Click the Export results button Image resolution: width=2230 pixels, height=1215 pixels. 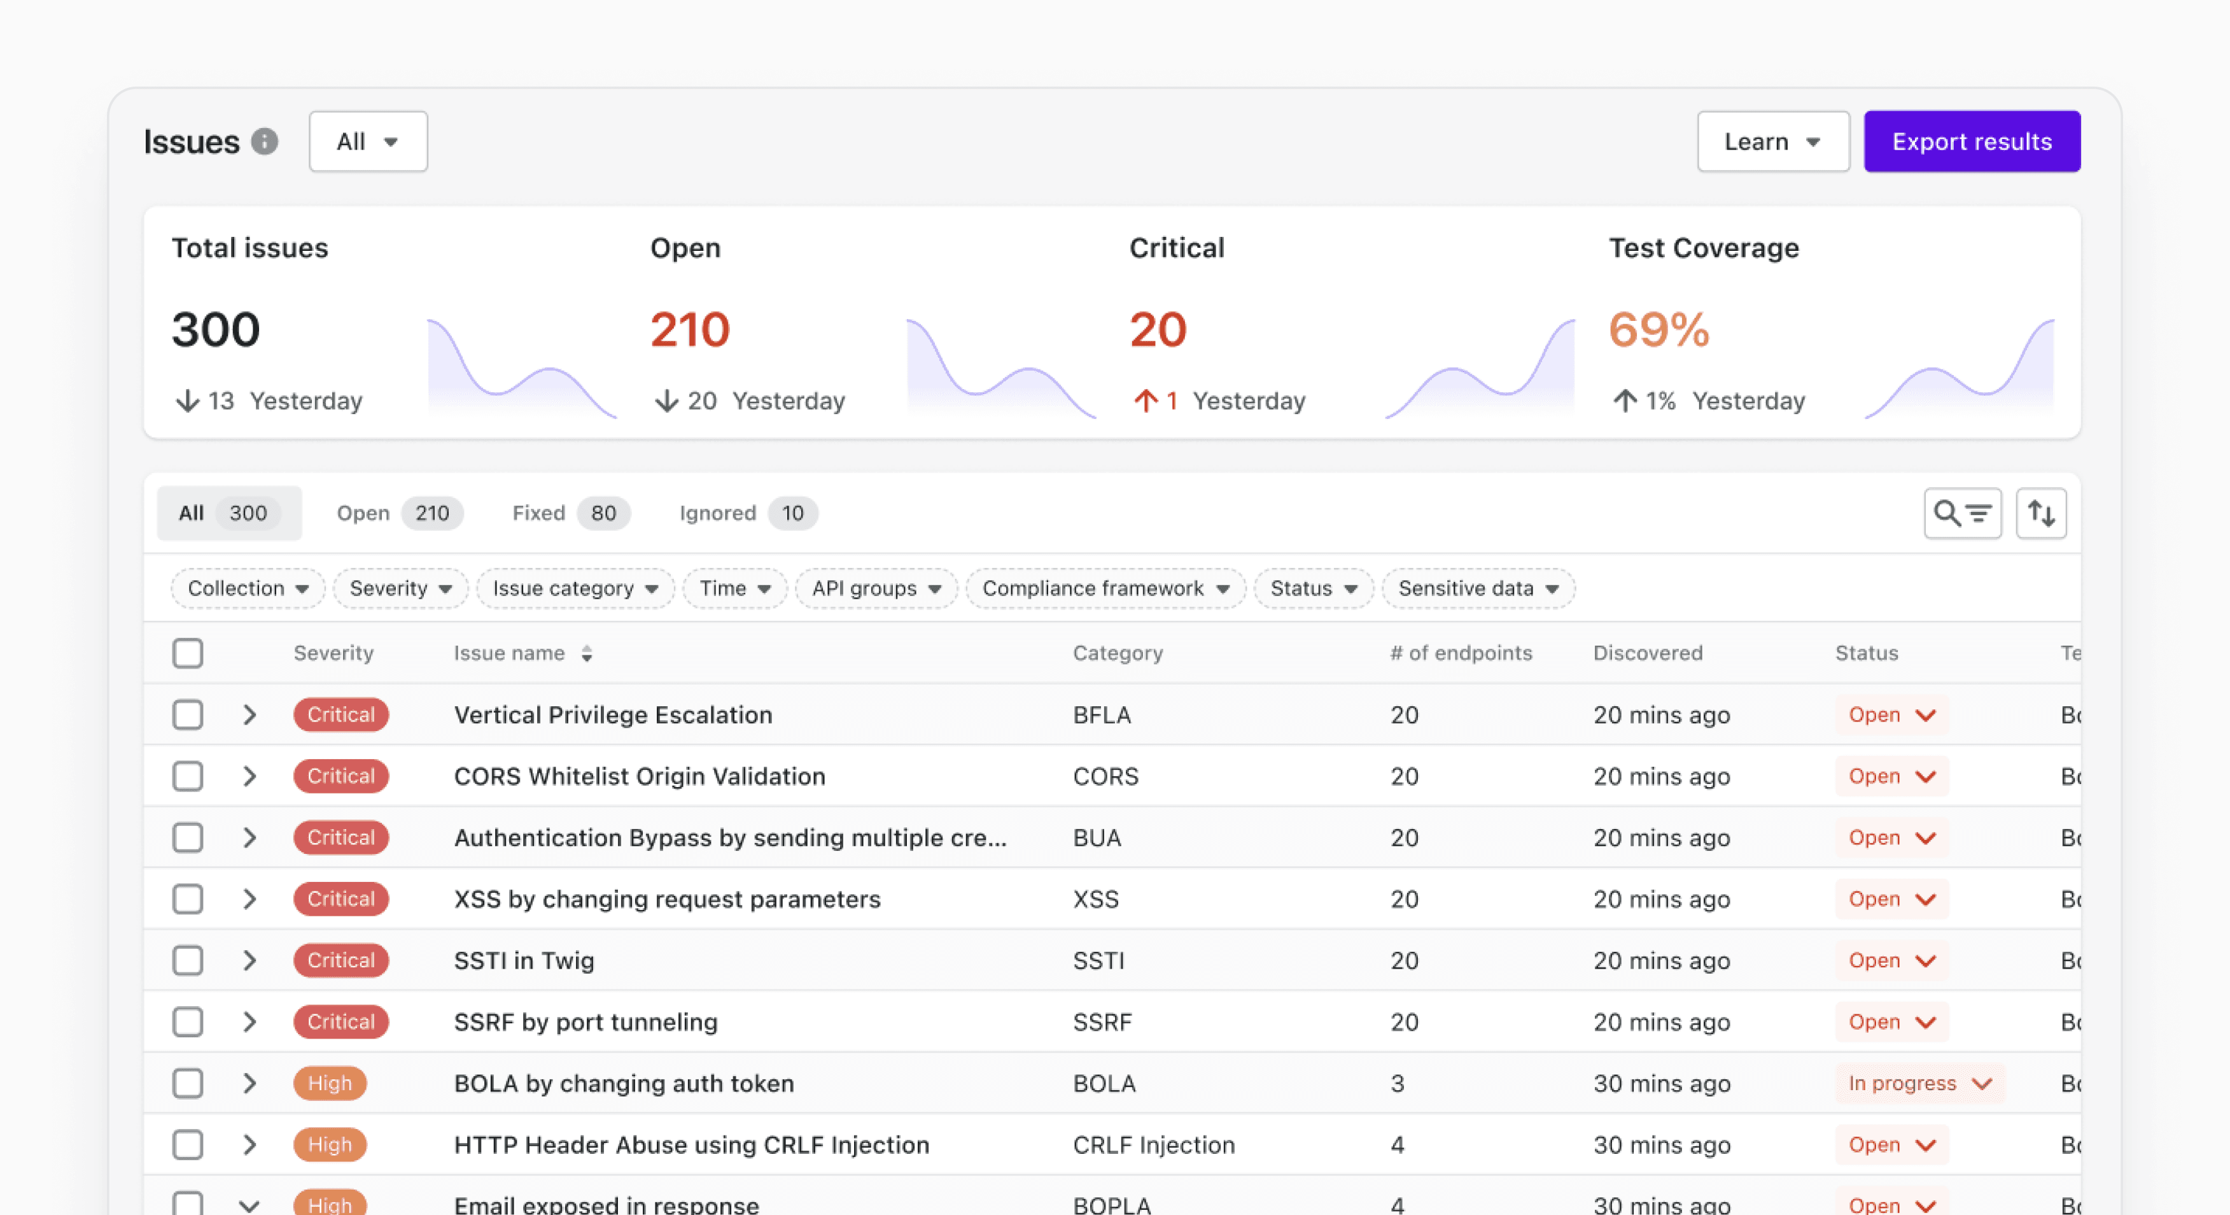[1971, 141]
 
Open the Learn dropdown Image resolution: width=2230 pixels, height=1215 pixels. [1772, 141]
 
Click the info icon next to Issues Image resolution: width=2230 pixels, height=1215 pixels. [265, 141]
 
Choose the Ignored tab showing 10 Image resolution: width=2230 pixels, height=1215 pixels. [747, 513]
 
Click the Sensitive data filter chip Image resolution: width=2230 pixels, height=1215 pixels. [1478, 588]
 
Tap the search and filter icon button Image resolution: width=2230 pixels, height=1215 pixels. [1961, 513]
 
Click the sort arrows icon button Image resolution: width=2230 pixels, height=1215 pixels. [2040, 513]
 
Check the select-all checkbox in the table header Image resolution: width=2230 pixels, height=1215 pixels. [188, 653]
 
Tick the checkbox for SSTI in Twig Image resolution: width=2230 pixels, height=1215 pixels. [188, 960]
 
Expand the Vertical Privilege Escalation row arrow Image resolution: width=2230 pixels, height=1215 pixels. [249, 714]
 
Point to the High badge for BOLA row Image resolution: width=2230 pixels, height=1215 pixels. [330, 1083]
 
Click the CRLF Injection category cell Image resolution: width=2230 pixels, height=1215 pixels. [1153, 1145]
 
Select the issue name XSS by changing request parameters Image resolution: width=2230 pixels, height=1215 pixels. [666, 899]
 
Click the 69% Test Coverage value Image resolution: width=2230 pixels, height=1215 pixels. [1658, 330]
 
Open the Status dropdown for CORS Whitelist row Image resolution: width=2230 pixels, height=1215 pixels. [1891, 776]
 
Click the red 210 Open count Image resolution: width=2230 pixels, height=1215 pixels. [690, 330]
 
